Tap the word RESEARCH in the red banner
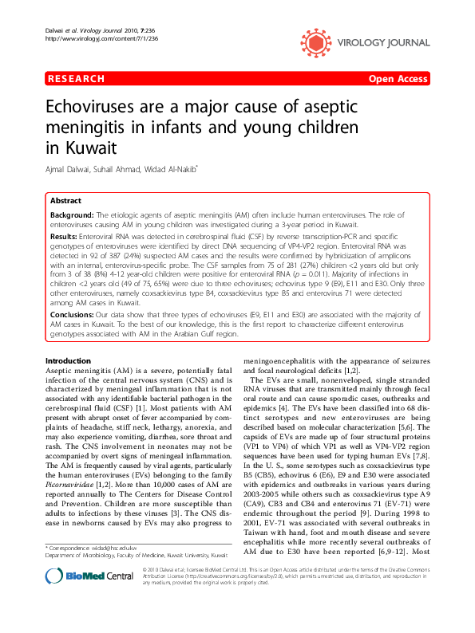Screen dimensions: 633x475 [77, 79]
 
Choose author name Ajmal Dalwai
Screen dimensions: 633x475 [69, 169]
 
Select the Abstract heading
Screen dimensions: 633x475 [65, 201]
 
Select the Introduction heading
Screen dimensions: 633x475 [69, 362]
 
